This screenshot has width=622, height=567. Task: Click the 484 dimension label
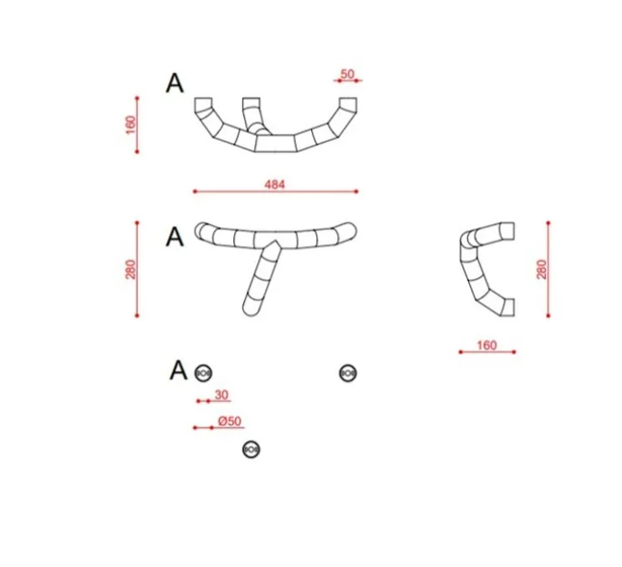point(274,185)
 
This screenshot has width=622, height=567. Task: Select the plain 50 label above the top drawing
point(347,74)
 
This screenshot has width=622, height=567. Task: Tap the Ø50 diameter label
point(230,421)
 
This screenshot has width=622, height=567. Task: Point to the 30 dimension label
point(222,395)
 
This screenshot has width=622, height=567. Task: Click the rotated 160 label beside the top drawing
point(130,125)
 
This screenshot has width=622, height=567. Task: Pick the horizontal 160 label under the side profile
point(487,345)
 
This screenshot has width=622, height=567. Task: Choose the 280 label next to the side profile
point(542,269)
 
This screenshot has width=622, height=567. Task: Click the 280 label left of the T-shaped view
point(130,269)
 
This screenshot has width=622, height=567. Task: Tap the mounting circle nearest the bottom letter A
point(203,373)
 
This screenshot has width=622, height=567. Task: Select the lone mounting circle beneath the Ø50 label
point(251,450)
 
